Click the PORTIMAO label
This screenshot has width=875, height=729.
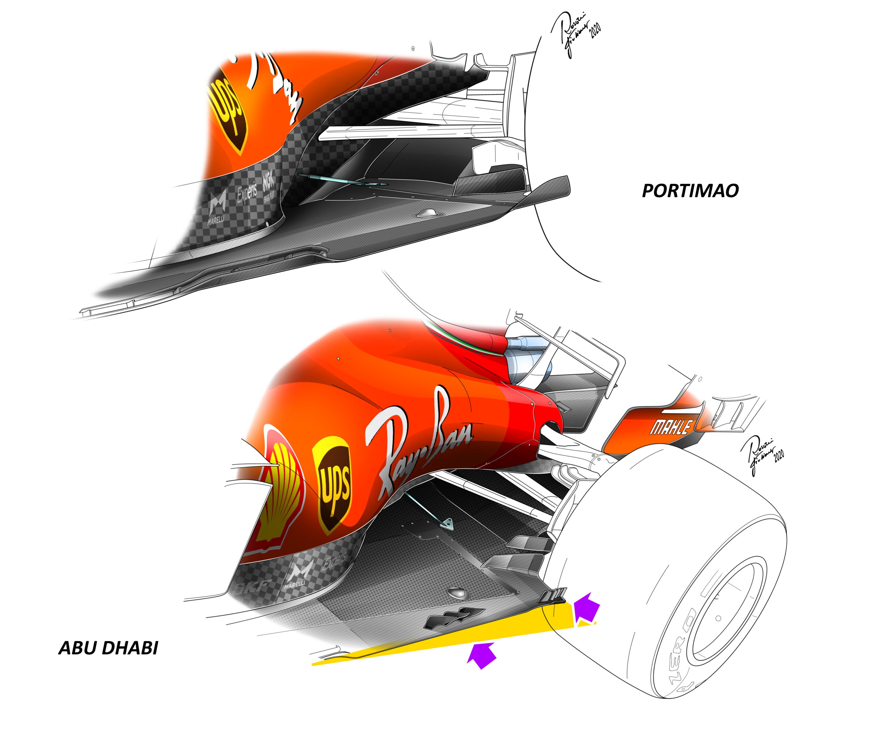pos(690,191)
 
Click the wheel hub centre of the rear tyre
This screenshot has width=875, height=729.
pos(718,619)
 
